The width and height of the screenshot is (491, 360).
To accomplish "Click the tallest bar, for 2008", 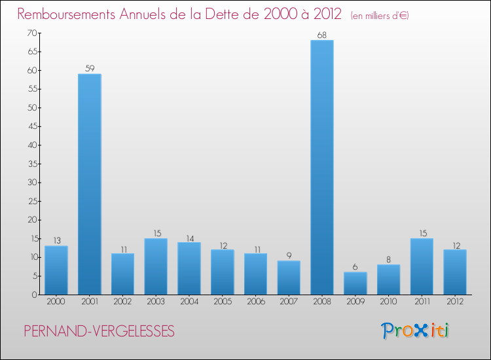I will (322, 168).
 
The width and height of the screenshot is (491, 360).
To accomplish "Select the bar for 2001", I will (90, 184).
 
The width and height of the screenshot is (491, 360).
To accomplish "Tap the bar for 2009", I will (355, 283).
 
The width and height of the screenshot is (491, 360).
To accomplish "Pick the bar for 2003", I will (156, 266).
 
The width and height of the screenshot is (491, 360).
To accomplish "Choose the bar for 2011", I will (422, 266).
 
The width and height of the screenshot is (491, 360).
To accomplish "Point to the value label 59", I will (90, 69).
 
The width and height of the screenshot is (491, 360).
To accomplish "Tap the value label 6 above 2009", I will (355, 267).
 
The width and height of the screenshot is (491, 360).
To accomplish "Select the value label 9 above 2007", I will (289, 256).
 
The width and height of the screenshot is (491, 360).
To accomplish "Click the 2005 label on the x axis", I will (223, 302).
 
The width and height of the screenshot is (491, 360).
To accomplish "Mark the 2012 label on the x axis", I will (455, 302).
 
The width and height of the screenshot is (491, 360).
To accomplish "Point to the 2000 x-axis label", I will (56, 302).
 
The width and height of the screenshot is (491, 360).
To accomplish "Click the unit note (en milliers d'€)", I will (380, 16).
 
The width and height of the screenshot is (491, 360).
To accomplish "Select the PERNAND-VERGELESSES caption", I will (99, 332).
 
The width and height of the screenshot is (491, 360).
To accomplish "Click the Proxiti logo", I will (415, 331).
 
